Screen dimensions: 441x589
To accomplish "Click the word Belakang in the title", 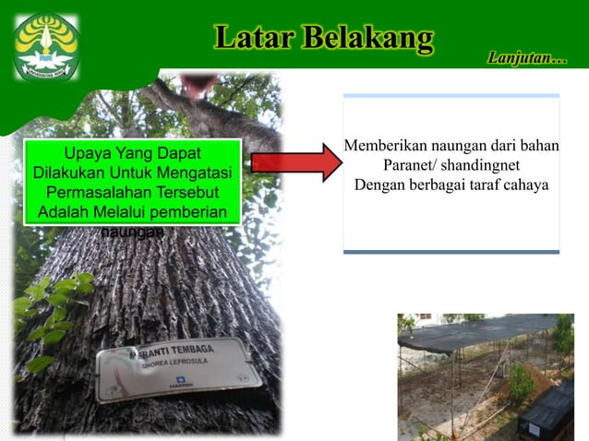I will (x=367, y=38).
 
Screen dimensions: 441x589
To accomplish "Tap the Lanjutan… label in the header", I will (x=527, y=59).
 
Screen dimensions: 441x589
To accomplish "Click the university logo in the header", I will (x=45, y=46).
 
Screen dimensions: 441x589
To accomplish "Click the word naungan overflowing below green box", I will (x=132, y=232).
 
